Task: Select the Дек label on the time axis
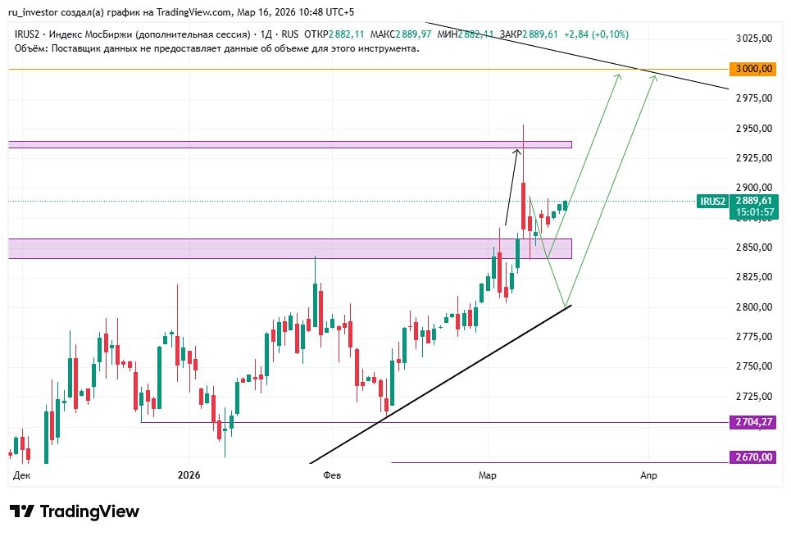22,475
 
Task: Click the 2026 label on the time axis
189,475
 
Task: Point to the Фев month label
333,475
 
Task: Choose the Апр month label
648,475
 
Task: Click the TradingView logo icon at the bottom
22,511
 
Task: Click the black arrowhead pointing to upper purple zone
517,149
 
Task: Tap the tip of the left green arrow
619,75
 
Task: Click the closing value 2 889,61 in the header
540,34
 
